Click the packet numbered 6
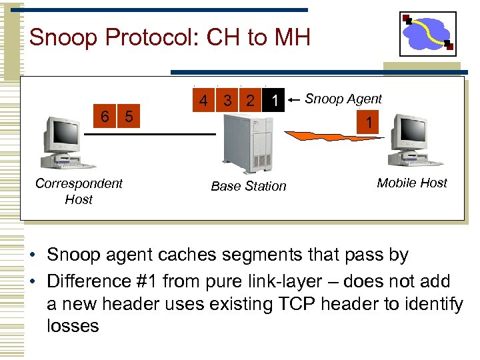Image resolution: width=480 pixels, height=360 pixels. point(105,117)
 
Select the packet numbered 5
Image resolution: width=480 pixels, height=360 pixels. point(129,117)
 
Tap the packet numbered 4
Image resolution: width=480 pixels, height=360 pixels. point(204,101)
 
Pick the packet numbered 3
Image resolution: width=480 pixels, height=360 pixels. point(227,101)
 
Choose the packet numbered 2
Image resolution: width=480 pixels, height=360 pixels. point(250,101)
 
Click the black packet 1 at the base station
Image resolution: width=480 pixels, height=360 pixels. point(273,101)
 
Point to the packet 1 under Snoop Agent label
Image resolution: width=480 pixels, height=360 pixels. point(367,123)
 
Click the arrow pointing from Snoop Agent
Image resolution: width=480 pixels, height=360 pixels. point(293,101)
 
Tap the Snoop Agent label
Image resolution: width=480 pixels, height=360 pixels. point(343,99)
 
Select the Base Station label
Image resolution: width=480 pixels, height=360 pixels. point(248,186)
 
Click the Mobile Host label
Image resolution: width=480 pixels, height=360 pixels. point(412,183)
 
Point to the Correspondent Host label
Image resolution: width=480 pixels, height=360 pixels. point(79,191)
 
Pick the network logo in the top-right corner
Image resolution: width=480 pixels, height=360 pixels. point(428,34)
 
